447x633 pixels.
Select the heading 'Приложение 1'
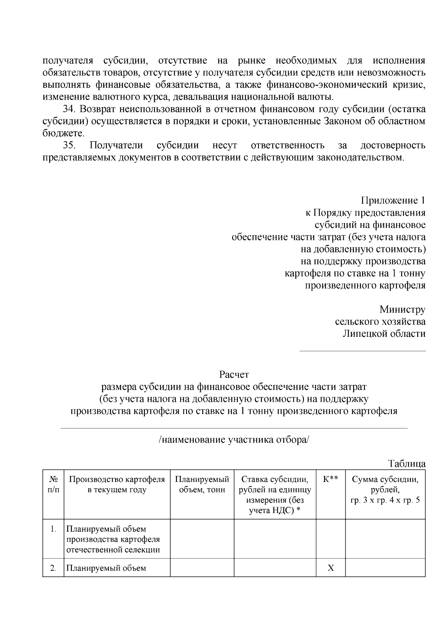[393, 201]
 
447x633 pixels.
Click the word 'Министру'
[402, 310]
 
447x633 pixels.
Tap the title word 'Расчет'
[234, 375]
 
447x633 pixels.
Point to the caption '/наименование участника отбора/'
[234, 440]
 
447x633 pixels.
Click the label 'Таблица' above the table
[407, 464]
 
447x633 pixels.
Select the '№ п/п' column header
[53, 485]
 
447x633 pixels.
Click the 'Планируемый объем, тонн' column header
[202, 485]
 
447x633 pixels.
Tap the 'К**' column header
[330, 480]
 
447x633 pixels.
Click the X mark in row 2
[330, 568]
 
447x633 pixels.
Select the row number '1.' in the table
[53, 529]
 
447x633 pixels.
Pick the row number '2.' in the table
[53, 568]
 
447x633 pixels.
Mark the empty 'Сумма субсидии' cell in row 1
[385, 539]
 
